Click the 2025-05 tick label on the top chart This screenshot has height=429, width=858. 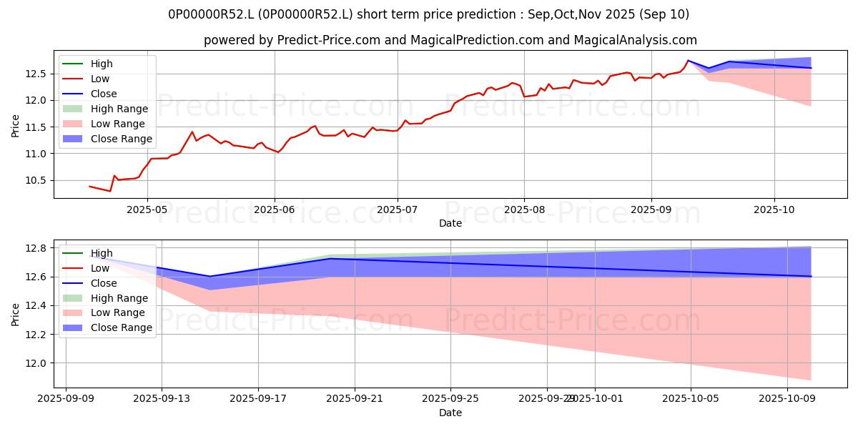[x=147, y=210]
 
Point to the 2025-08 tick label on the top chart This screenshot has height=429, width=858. [x=524, y=210]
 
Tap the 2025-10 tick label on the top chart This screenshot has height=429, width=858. [x=774, y=210]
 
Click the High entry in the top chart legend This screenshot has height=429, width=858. [x=102, y=64]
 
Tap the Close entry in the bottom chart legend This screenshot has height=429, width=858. [x=104, y=283]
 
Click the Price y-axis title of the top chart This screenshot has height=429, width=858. [x=16, y=125]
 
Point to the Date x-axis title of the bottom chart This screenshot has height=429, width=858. [x=450, y=413]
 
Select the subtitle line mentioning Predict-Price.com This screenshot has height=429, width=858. [x=450, y=40]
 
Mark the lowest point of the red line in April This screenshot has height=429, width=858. [x=109, y=191]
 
